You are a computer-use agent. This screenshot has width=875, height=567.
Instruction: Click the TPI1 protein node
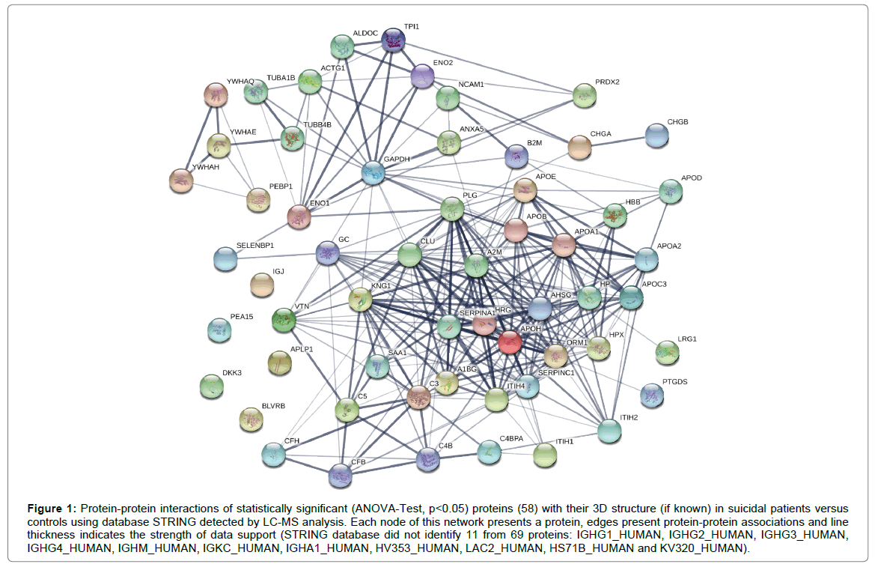click(393, 40)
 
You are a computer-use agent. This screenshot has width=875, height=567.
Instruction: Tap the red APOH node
click(510, 342)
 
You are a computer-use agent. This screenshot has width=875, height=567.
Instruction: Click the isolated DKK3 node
click(212, 386)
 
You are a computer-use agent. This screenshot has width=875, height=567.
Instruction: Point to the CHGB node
click(656, 135)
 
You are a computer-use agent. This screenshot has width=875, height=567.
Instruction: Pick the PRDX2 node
click(585, 95)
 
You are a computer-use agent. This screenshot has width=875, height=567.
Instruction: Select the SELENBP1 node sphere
click(225, 258)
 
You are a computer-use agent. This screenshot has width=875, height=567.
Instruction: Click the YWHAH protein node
click(180, 179)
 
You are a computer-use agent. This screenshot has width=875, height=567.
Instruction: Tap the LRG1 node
click(666, 351)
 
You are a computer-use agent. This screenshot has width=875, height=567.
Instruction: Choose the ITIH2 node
click(609, 430)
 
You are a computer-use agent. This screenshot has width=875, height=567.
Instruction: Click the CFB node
click(340, 474)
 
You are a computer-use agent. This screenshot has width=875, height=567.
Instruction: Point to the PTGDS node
click(652, 394)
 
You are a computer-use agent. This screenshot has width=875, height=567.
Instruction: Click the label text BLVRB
click(274, 406)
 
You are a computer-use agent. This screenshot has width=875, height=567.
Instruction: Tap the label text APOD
click(692, 178)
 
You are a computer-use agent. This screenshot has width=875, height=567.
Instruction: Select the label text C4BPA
click(515, 437)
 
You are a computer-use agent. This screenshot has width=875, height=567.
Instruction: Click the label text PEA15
click(241, 317)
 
